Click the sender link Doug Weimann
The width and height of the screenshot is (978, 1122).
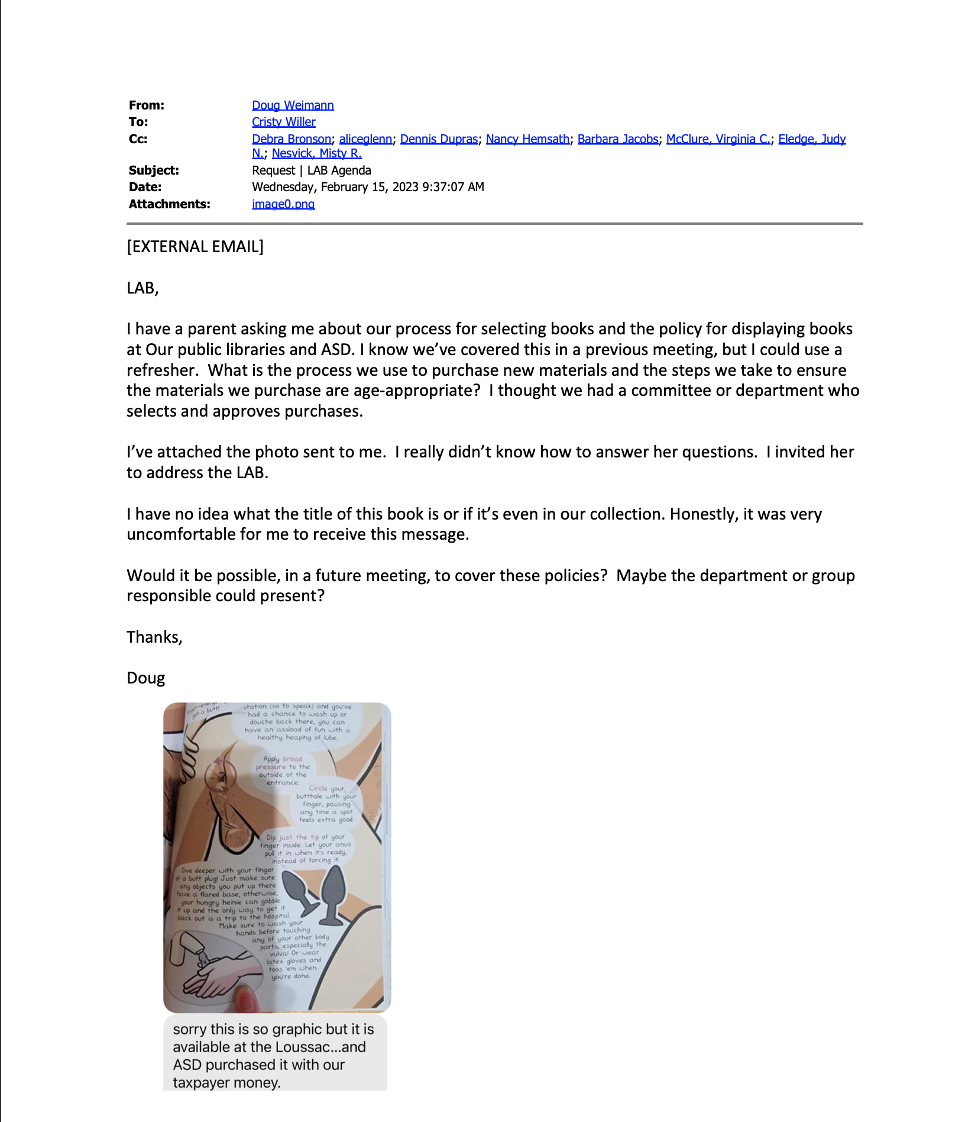click(293, 105)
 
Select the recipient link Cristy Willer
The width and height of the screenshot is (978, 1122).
click(283, 122)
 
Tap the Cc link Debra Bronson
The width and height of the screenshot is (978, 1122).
click(291, 139)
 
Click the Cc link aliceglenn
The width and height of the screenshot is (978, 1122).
click(365, 139)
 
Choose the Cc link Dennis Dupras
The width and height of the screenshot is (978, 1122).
click(439, 139)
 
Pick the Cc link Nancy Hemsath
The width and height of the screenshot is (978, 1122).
click(527, 139)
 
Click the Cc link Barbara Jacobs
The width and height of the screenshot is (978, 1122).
click(617, 139)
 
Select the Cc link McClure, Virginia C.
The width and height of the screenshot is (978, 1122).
click(718, 139)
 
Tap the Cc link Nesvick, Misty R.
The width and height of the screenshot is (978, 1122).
click(316, 153)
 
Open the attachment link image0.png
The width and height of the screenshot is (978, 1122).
click(283, 204)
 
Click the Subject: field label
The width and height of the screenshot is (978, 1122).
click(154, 170)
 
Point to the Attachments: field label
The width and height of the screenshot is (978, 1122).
click(169, 204)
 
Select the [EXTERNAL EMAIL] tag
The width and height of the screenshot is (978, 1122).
click(195, 247)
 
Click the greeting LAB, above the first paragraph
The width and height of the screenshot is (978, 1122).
click(143, 288)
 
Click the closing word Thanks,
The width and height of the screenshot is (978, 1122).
click(154, 637)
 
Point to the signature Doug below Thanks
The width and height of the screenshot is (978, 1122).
click(145, 678)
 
